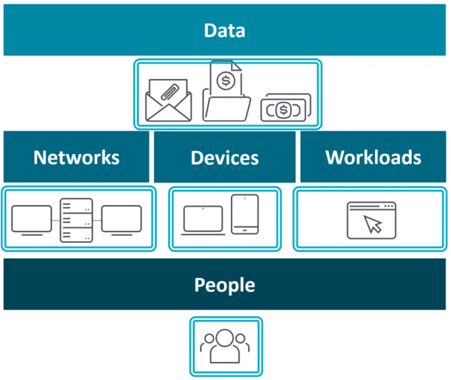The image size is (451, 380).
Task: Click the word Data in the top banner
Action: click(x=225, y=31)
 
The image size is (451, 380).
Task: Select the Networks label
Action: click(x=76, y=158)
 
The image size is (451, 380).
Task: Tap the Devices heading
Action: click(x=225, y=158)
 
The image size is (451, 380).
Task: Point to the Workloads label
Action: click(x=373, y=158)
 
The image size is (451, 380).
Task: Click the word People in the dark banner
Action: click(x=225, y=285)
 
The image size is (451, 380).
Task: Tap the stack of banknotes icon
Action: click(x=286, y=109)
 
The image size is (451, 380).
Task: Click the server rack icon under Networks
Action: click(x=76, y=219)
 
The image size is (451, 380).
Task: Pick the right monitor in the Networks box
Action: click(x=121, y=219)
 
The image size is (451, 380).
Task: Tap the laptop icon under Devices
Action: click(x=204, y=219)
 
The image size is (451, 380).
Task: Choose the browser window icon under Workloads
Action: click(x=371, y=220)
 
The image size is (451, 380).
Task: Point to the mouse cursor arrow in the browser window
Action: click(x=373, y=224)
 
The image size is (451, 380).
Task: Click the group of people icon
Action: click(x=225, y=345)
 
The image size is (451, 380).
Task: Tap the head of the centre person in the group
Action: click(x=225, y=336)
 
